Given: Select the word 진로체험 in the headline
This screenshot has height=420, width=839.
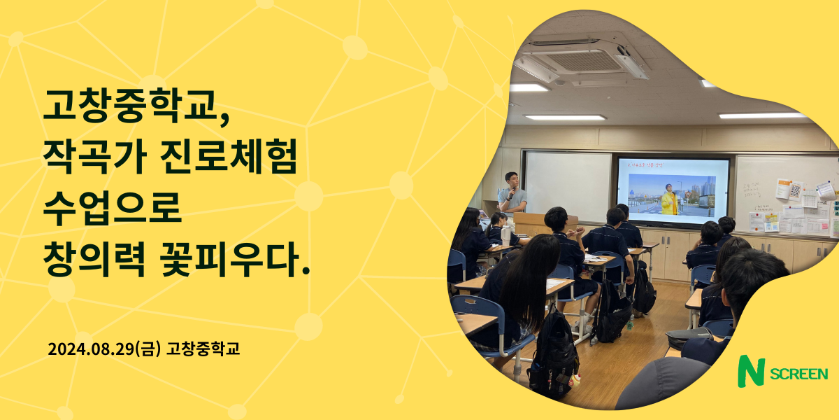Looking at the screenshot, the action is point(229,156).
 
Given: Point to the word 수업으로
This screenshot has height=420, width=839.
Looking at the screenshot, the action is point(113,208).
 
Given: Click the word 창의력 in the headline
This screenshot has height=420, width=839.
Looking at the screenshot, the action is point(94,259).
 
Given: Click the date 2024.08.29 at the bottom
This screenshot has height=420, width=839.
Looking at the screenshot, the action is point(91,349).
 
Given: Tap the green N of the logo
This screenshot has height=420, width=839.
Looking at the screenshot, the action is point(751,371).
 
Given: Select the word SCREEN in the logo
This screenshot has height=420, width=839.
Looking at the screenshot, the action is point(799,374).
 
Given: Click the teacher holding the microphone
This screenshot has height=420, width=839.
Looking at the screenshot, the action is point(512,192).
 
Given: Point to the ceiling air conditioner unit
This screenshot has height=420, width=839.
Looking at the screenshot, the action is point(582,59).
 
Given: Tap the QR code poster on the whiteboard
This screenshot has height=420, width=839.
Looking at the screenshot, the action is point(796,191).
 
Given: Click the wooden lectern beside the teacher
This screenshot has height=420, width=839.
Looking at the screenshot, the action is point(538,223).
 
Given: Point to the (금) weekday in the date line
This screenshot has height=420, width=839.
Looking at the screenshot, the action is point(148,349).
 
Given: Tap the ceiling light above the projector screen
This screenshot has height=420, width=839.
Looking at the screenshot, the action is point(565,118).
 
